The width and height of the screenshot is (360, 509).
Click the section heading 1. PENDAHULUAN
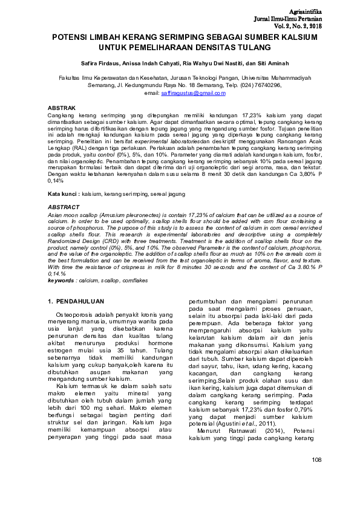pyautogui.click(x=76, y=301)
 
